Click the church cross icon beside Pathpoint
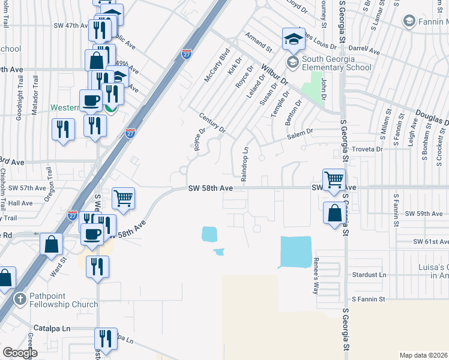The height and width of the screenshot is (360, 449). pyautogui.click(x=20, y=299)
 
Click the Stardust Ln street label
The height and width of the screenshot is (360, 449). pyautogui.click(x=367, y=275)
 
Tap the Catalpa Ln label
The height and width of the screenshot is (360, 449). pyautogui.click(x=52, y=329)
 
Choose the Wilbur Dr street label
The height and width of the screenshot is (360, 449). pyautogui.click(x=275, y=74)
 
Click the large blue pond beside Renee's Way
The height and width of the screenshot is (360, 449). pyautogui.click(x=296, y=252)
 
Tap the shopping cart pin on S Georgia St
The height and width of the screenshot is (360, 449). pyautogui.click(x=334, y=179)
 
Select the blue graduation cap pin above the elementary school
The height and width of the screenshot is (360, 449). pyautogui.click(x=294, y=40)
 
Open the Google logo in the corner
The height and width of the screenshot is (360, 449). pyautogui.click(x=20, y=352)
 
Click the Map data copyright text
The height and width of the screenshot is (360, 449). pyautogui.click(x=424, y=355)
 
